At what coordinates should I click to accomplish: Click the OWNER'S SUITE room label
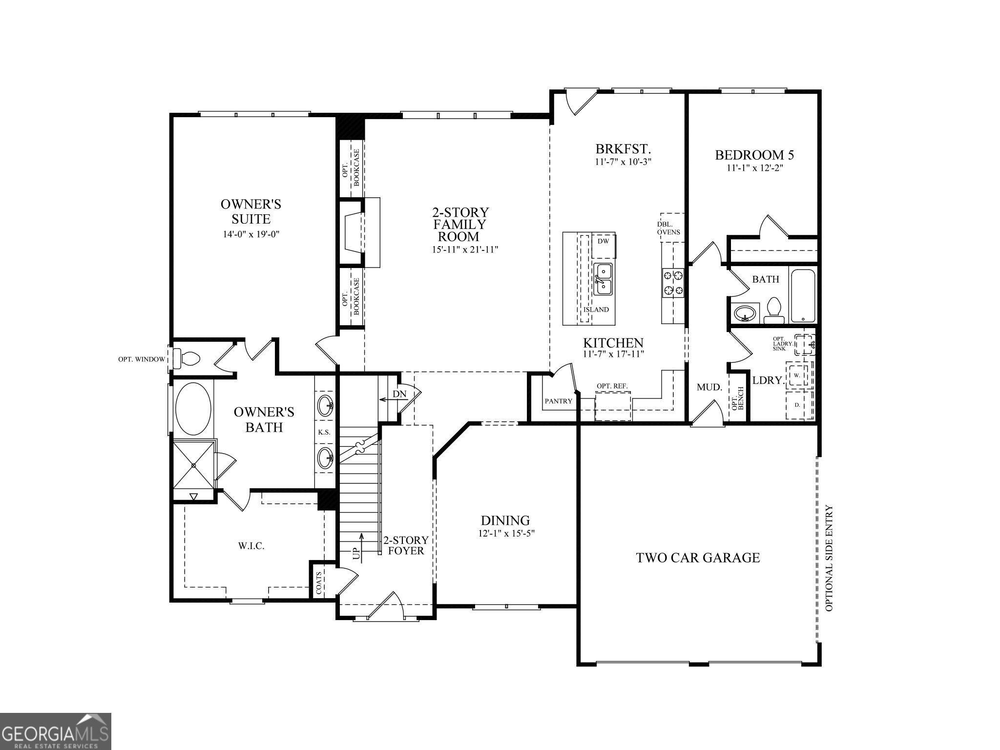(250, 211)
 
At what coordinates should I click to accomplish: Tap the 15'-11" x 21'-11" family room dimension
(465, 250)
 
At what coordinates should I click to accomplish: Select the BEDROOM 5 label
(754, 155)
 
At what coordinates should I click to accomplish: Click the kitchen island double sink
(604, 279)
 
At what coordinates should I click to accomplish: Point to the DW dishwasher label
(603, 241)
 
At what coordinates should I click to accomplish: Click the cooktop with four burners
(673, 283)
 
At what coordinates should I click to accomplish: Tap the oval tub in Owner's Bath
(193, 409)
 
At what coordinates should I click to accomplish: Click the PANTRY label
(558, 401)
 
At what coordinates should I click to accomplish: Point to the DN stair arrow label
(399, 394)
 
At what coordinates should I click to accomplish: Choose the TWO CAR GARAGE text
(698, 558)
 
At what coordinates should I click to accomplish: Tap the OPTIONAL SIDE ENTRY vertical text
(829, 558)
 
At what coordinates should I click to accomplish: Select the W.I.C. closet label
(251, 546)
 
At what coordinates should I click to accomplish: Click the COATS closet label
(319, 583)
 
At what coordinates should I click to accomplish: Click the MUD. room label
(709, 387)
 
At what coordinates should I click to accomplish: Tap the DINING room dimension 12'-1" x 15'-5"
(506, 534)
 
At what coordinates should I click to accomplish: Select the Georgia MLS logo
(55, 731)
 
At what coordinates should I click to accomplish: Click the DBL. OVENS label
(668, 228)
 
